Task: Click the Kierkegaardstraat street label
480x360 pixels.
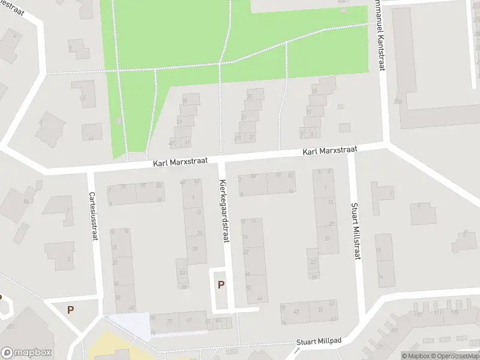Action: [x=224, y=211]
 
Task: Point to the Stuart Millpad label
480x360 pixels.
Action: [x=319, y=341]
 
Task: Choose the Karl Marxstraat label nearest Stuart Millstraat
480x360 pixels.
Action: [x=323, y=152]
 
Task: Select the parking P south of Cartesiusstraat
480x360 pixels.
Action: [x=70, y=310]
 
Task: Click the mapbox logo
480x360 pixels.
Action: [x=26, y=353]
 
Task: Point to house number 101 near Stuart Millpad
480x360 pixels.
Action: [x=418, y=314]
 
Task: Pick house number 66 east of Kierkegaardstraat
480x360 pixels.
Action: [x=259, y=298]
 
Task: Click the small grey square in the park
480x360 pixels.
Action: [x=118, y=122]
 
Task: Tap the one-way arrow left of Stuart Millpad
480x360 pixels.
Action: [x=296, y=349]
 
